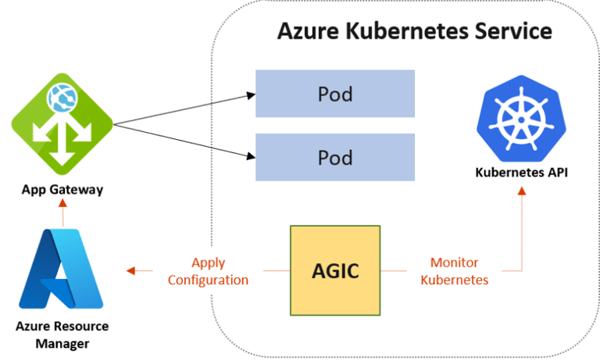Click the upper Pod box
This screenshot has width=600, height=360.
point(335,94)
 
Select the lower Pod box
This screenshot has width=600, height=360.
point(335,157)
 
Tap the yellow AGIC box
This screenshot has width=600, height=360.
point(335,270)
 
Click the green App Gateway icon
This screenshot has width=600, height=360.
point(62,124)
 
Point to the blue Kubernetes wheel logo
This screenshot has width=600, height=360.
point(521,119)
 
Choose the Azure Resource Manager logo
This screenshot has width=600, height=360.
point(61,269)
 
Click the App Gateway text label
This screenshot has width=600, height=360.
point(62,190)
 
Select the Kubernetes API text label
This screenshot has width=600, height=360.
point(522,173)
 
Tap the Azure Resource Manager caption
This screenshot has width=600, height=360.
point(62,335)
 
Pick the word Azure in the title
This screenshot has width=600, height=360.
point(308,31)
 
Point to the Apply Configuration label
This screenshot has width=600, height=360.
point(208,271)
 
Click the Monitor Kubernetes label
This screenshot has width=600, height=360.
point(455,271)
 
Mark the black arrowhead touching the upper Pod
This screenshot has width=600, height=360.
point(251,95)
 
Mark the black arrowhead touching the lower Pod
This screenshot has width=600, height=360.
point(251,155)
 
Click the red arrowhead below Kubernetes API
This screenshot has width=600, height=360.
point(522,191)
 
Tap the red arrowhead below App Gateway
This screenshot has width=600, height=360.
point(62,203)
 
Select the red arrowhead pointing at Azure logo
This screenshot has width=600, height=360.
point(131,271)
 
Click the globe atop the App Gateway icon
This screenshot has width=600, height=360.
point(62,98)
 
